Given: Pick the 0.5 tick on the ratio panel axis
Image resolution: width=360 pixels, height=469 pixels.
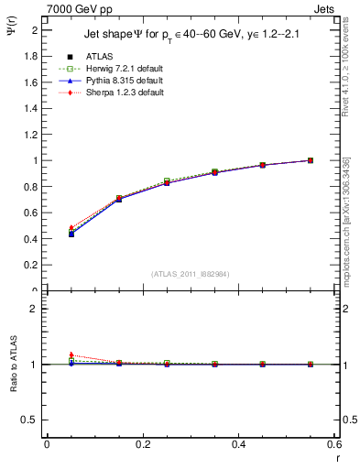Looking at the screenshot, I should (x=31, y=420).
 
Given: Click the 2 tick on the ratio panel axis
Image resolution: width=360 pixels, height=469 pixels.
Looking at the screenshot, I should (x=35, y=309).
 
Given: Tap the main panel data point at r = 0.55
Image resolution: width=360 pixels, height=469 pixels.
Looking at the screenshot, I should (x=311, y=160).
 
